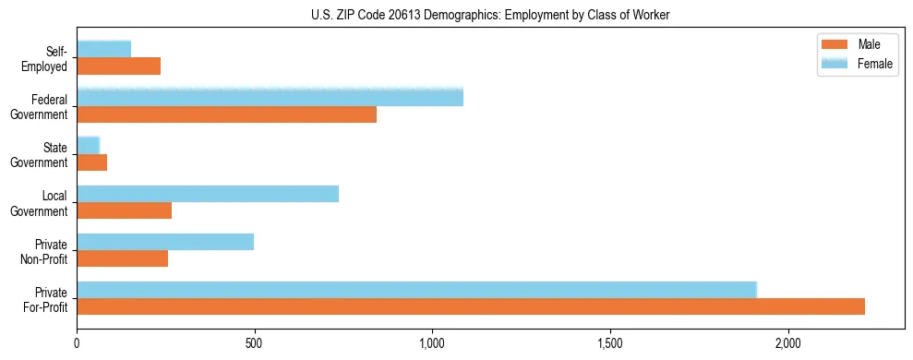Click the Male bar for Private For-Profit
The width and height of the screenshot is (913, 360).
pyautogui.click(x=471, y=306)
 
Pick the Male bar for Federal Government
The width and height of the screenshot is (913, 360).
pyautogui.click(x=226, y=114)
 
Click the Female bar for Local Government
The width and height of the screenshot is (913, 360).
pyautogui.click(x=208, y=194)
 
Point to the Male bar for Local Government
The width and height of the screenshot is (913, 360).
pyautogui.click(x=125, y=210)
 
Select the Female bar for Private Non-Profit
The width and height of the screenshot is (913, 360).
pyautogui.click(x=165, y=242)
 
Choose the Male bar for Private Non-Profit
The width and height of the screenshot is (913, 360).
pyautogui.click(x=123, y=258)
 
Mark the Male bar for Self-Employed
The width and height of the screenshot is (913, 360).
pyautogui.click(x=119, y=66)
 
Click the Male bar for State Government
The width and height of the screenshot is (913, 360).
pyautogui.click(x=92, y=162)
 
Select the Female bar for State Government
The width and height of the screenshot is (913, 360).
pyautogui.click(x=89, y=146)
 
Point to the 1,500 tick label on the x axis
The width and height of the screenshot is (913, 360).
pyautogui.click(x=610, y=344)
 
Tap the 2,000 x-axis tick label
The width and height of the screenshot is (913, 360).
pyautogui.click(x=788, y=344)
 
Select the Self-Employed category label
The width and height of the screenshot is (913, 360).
pyautogui.click(x=49, y=58)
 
